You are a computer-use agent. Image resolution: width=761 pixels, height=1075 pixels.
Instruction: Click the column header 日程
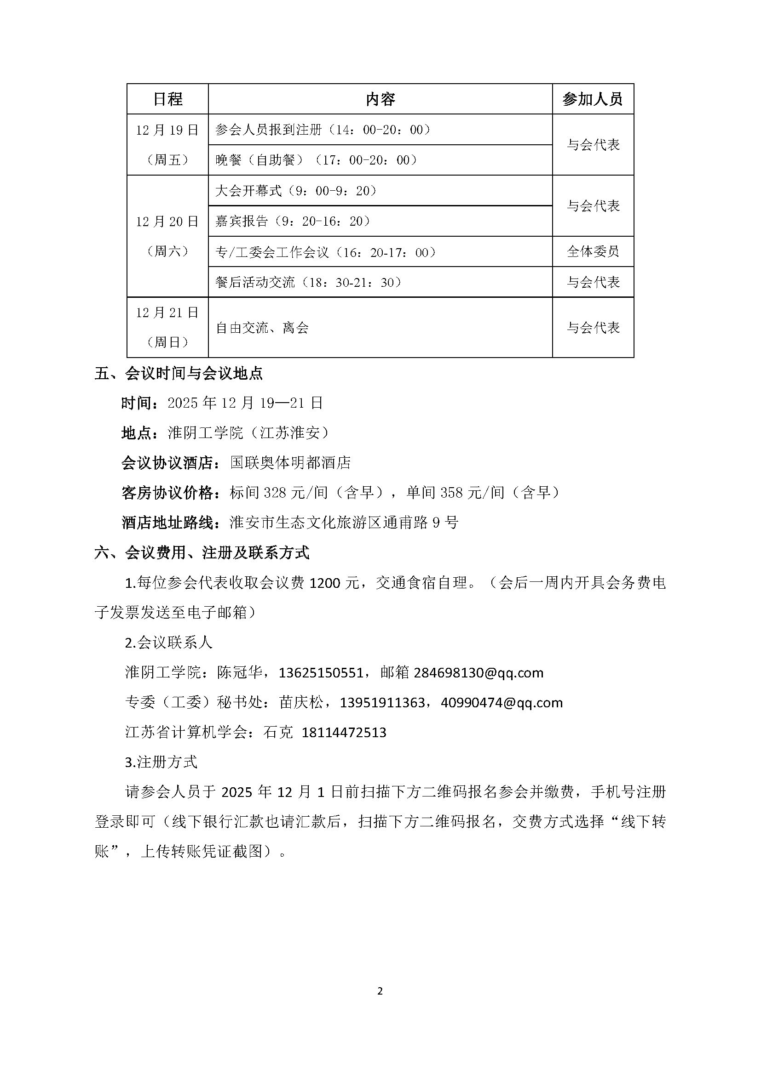[167, 99]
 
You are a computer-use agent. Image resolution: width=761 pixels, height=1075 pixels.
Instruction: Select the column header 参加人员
[592, 99]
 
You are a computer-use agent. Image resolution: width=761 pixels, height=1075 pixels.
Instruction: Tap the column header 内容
[380, 99]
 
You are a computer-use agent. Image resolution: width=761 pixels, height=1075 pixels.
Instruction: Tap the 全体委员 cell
[593, 251]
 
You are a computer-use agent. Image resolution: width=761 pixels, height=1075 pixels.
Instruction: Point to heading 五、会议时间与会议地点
[179, 373]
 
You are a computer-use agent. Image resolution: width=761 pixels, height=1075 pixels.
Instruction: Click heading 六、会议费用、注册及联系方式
[202, 553]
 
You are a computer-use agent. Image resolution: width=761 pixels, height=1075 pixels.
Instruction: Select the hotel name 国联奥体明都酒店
[290, 463]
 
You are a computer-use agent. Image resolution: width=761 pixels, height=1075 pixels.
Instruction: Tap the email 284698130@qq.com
[479, 673]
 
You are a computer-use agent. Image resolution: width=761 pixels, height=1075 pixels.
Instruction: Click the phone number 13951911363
[382, 703]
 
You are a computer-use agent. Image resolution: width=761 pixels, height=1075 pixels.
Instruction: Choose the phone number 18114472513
[344, 732]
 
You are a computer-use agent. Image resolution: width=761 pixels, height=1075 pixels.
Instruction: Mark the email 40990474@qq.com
[502, 703]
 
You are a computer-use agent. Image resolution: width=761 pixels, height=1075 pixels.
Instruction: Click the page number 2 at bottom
[380, 991]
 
